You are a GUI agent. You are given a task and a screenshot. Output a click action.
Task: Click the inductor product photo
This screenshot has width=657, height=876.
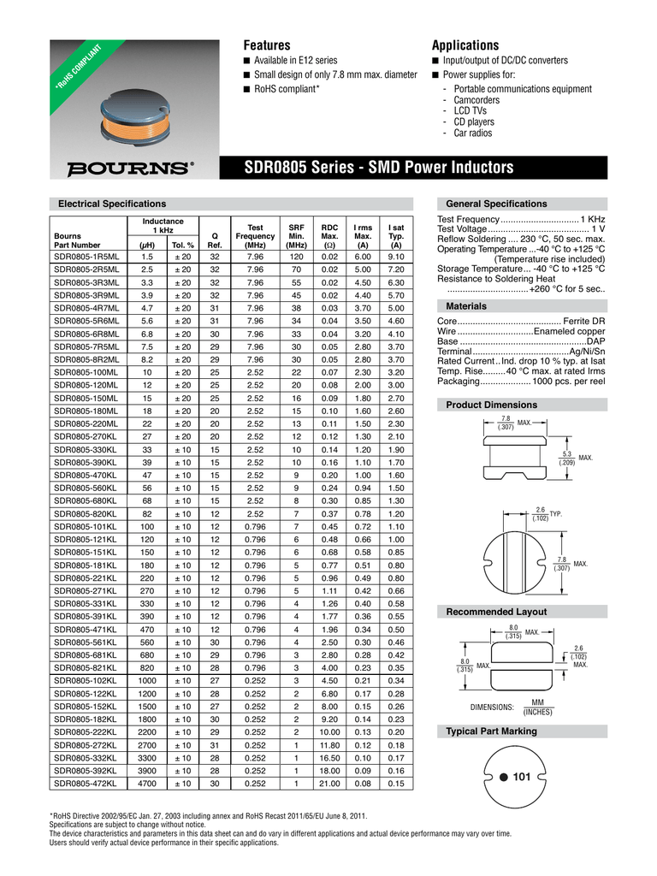pos(137,111)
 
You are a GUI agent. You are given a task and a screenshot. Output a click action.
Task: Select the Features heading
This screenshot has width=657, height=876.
pos(267,44)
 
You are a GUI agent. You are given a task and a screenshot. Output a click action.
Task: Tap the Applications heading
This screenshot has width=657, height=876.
pos(465,44)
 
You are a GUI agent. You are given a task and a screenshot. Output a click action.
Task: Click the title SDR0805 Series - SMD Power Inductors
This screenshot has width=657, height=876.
pos(379,166)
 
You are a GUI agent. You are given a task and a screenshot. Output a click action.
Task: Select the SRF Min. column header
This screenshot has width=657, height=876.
pos(296,236)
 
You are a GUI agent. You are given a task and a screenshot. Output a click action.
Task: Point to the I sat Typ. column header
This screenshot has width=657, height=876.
pos(395,236)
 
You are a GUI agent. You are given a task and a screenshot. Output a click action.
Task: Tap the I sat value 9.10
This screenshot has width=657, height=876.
pos(395,256)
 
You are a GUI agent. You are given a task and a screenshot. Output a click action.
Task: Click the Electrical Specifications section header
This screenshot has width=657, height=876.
pos(111,204)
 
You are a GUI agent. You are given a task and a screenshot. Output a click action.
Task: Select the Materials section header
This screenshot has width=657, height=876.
pos(469,306)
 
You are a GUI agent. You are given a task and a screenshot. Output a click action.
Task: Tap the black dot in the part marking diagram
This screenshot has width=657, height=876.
pos(504,776)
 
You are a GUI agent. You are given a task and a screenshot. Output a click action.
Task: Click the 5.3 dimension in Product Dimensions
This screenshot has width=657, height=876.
pos(566,453)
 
